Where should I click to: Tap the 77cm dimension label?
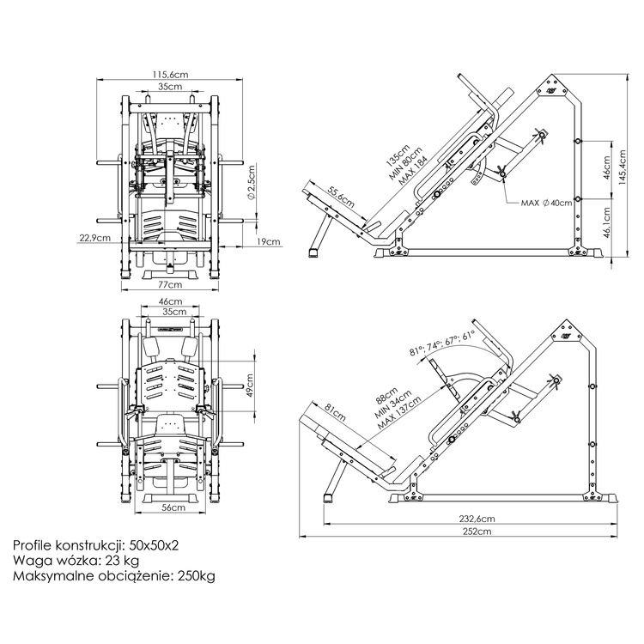tap(171, 284)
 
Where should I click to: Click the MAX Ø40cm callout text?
tap(547, 204)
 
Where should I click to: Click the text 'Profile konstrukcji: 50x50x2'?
tap(96, 544)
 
